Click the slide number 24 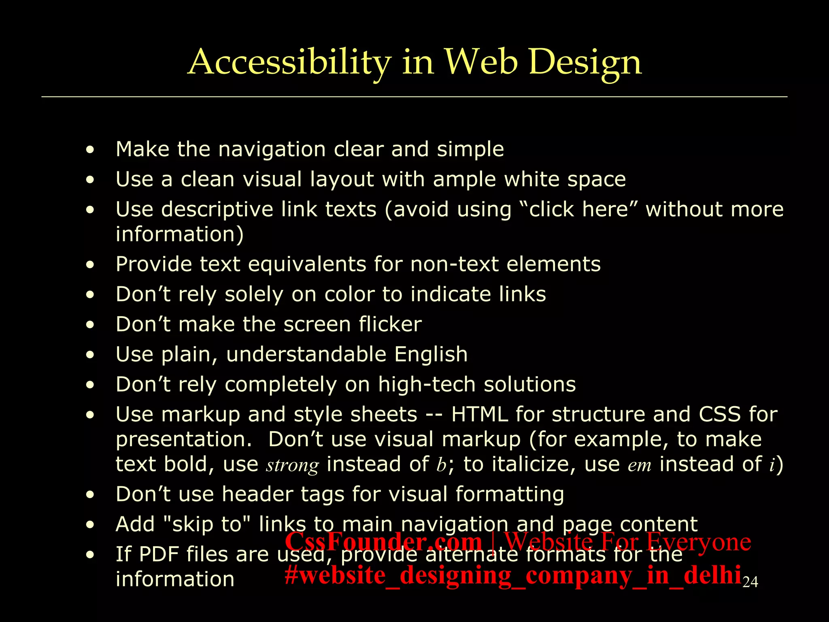(x=750, y=582)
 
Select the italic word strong (x=292, y=465)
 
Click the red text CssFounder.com (x=383, y=541)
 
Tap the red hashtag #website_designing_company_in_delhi (x=513, y=575)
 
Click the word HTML (x=479, y=414)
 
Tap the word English (x=431, y=354)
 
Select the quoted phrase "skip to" (x=209, y=524)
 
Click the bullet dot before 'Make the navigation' (x=90, y=150)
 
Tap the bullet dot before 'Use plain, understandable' (x=90, y=355)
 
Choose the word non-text (x=454, y=264)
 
